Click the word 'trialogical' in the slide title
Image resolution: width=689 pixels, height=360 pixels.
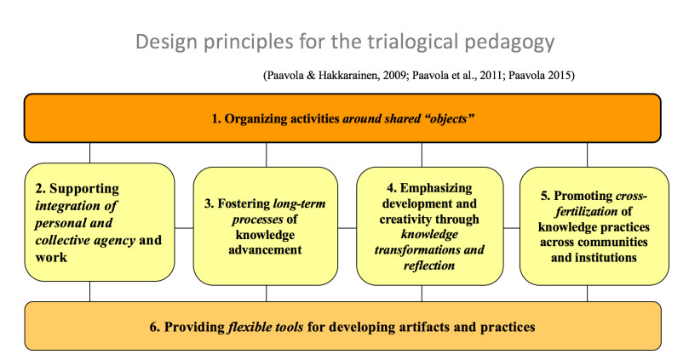[x=413, y=43]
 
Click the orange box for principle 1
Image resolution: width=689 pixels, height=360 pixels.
[x=342, y=118]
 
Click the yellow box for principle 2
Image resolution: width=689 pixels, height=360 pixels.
[x=100, y=222]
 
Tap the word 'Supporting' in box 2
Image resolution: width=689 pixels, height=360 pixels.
[x=84, y=189]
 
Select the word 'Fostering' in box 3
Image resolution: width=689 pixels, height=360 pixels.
[x=244, y=203]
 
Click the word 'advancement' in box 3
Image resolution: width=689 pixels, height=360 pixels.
[x=265, y=250]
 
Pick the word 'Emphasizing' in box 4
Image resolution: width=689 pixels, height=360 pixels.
[x=436, y=188]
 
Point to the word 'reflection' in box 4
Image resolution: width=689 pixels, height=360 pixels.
[x=429, y=266]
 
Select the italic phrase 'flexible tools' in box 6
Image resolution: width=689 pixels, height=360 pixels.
[x=266, y=327]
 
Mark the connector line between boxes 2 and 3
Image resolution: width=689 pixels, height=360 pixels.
[x=184, y=228]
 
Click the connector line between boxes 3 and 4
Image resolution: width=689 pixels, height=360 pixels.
[x=347, y=228]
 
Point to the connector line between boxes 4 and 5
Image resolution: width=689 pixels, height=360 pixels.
[x=512, y=228]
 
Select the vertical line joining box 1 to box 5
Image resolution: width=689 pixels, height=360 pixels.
[x=588, y=155]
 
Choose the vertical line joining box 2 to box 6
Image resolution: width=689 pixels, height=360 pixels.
[x=90, y=292]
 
